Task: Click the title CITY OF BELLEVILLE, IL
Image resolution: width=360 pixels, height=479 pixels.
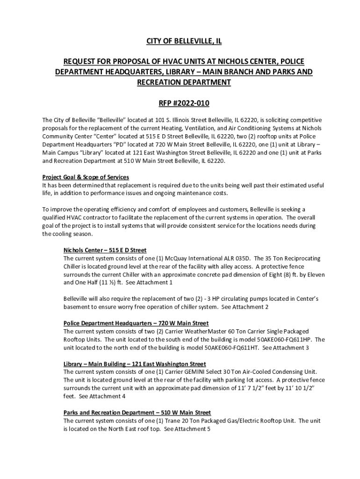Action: pos(180,42)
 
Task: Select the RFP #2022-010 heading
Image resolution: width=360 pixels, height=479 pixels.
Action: pos(180,103)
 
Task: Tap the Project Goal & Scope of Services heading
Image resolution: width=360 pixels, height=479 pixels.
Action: pos(86,177)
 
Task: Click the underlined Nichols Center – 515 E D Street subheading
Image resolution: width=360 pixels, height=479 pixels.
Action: pos(105,250)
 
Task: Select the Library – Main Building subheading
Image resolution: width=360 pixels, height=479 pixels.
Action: pos(135,364)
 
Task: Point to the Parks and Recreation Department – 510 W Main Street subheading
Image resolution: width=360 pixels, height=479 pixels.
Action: pos(137,413)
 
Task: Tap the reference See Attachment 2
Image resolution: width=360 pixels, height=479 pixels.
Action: pos(245,307)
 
